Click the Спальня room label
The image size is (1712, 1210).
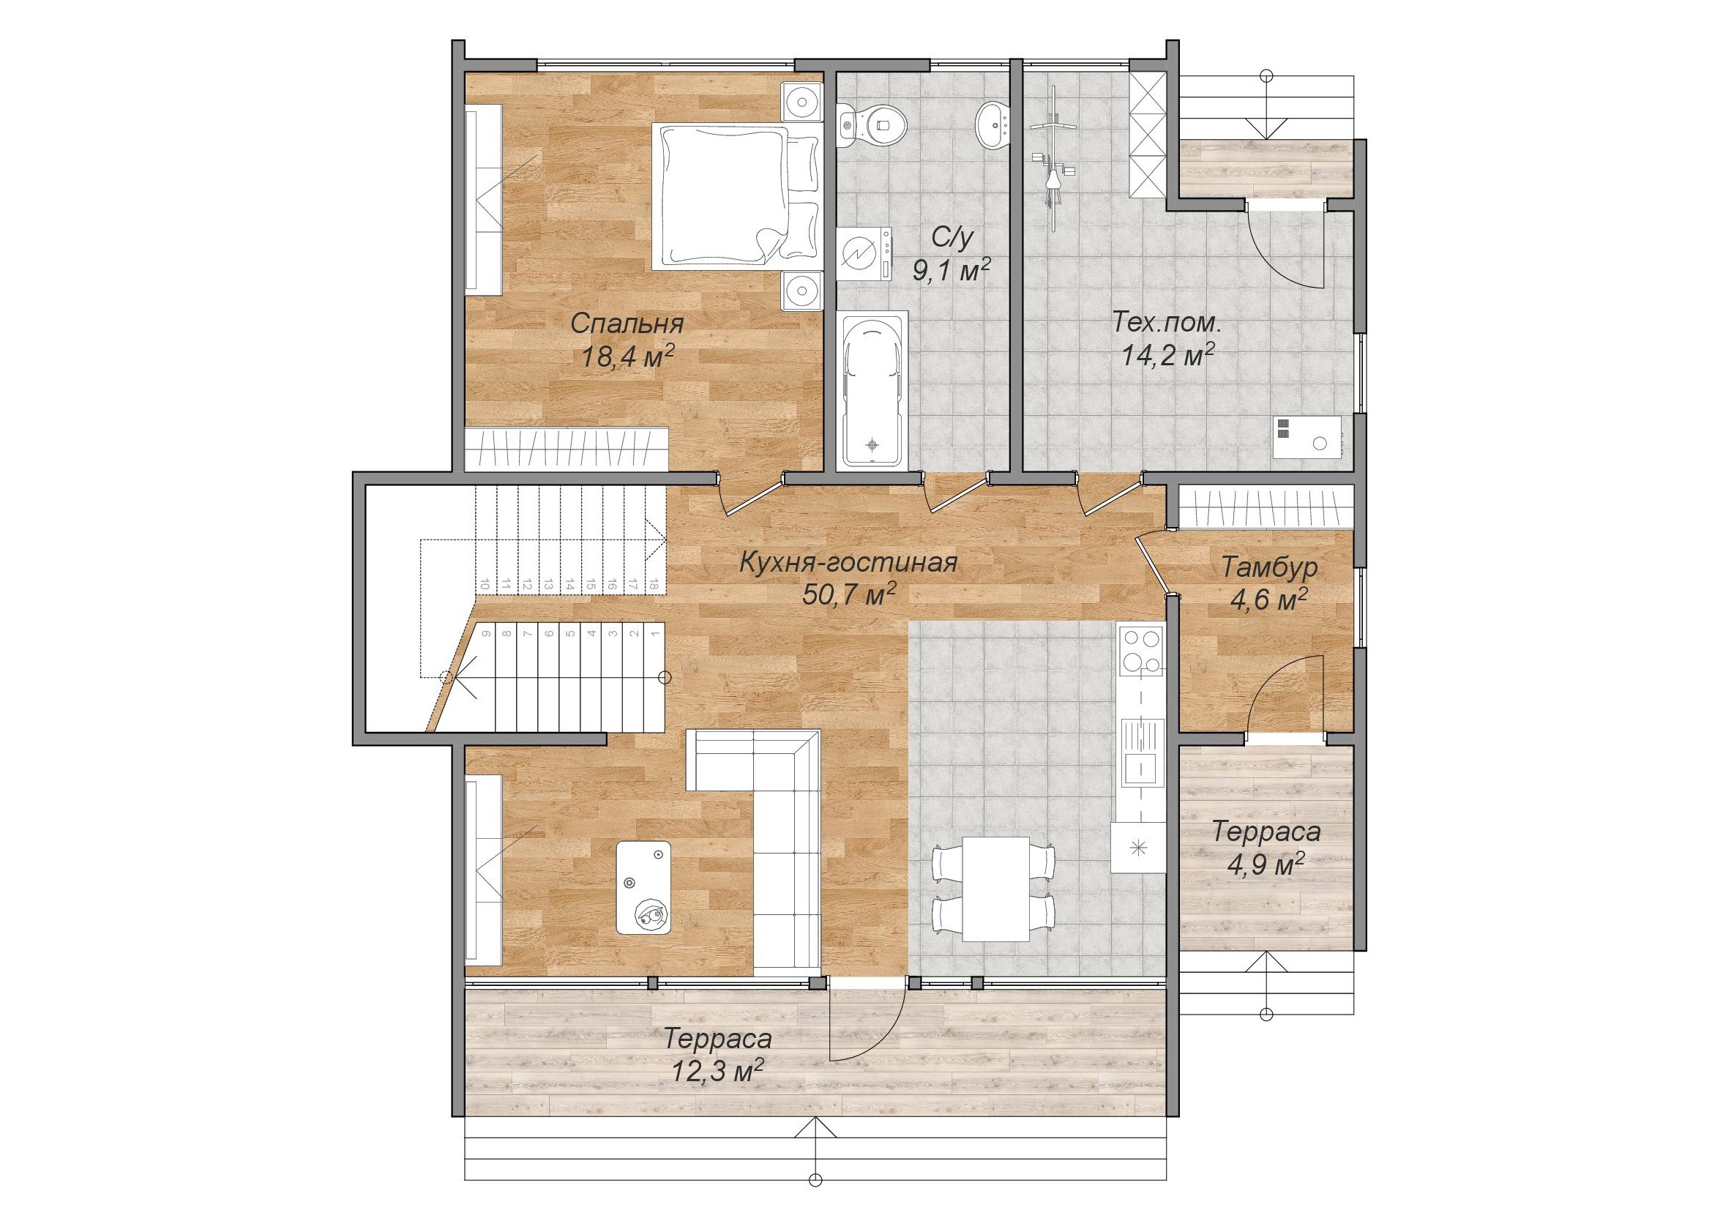627,324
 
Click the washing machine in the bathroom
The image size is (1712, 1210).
864,254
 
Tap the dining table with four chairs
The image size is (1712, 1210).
995,888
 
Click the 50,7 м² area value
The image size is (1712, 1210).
849,595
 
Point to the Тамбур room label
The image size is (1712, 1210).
1270,567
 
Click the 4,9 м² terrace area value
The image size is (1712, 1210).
1267,863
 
